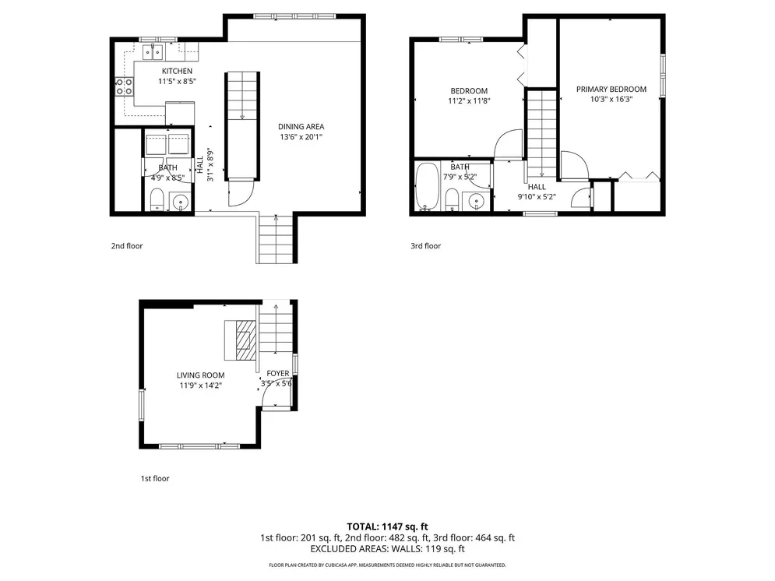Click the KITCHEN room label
177,71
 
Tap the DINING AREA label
301,126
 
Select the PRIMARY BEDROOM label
611,90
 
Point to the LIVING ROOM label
201,375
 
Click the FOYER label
278,374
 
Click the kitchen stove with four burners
124,86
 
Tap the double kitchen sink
153,51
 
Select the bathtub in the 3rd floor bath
428,186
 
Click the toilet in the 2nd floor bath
157,199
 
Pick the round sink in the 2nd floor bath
181,202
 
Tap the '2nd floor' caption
127,246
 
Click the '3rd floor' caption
425,246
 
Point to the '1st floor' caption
155,479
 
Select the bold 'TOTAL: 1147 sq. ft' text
388,526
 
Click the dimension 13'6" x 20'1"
301,137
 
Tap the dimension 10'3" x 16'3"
611,100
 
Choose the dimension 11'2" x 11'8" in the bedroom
469,101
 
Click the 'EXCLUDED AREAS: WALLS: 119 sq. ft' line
388,549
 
